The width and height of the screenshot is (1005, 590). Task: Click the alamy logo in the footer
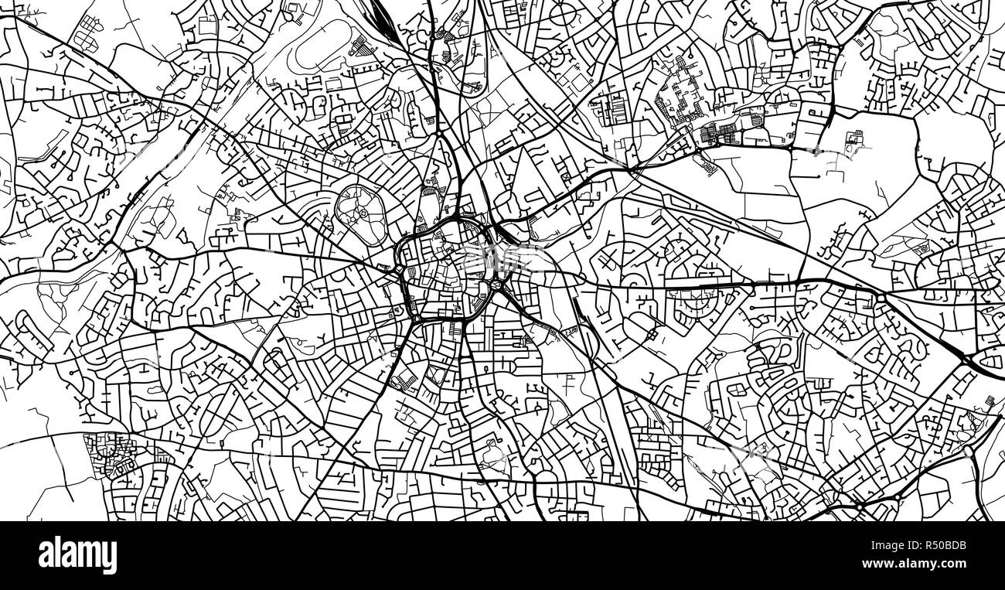tap(77, 555)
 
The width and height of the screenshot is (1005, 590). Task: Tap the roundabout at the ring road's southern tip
tap(417, 318)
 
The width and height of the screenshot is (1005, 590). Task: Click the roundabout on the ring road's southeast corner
tap(495, 286)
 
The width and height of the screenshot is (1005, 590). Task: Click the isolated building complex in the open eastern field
tap(854, 141)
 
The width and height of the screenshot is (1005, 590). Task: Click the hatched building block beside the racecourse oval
tap(359, 46)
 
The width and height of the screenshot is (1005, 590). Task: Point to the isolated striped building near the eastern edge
tap(920, 249)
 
